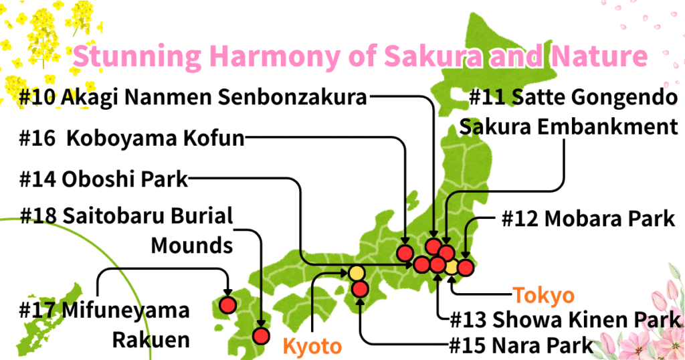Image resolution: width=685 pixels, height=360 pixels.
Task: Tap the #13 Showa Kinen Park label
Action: (565, 319)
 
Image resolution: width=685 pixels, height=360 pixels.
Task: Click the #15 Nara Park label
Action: (521, 345)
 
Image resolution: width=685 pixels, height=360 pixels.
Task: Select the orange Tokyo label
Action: (543, 295)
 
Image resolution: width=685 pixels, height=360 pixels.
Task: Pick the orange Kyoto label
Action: (312, 346)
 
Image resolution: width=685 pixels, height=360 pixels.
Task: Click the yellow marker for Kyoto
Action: (357, 273)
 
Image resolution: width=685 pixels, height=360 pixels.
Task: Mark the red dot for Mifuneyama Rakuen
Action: (227, 305)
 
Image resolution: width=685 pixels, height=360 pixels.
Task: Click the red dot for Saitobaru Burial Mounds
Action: (261, 336)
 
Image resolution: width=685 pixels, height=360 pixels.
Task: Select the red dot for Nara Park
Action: (360, 289)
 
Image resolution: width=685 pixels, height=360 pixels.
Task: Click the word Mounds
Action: (191, 245)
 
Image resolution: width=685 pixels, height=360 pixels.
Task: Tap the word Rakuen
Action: (150, 339)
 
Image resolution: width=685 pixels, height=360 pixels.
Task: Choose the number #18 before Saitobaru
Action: (39, 217)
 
